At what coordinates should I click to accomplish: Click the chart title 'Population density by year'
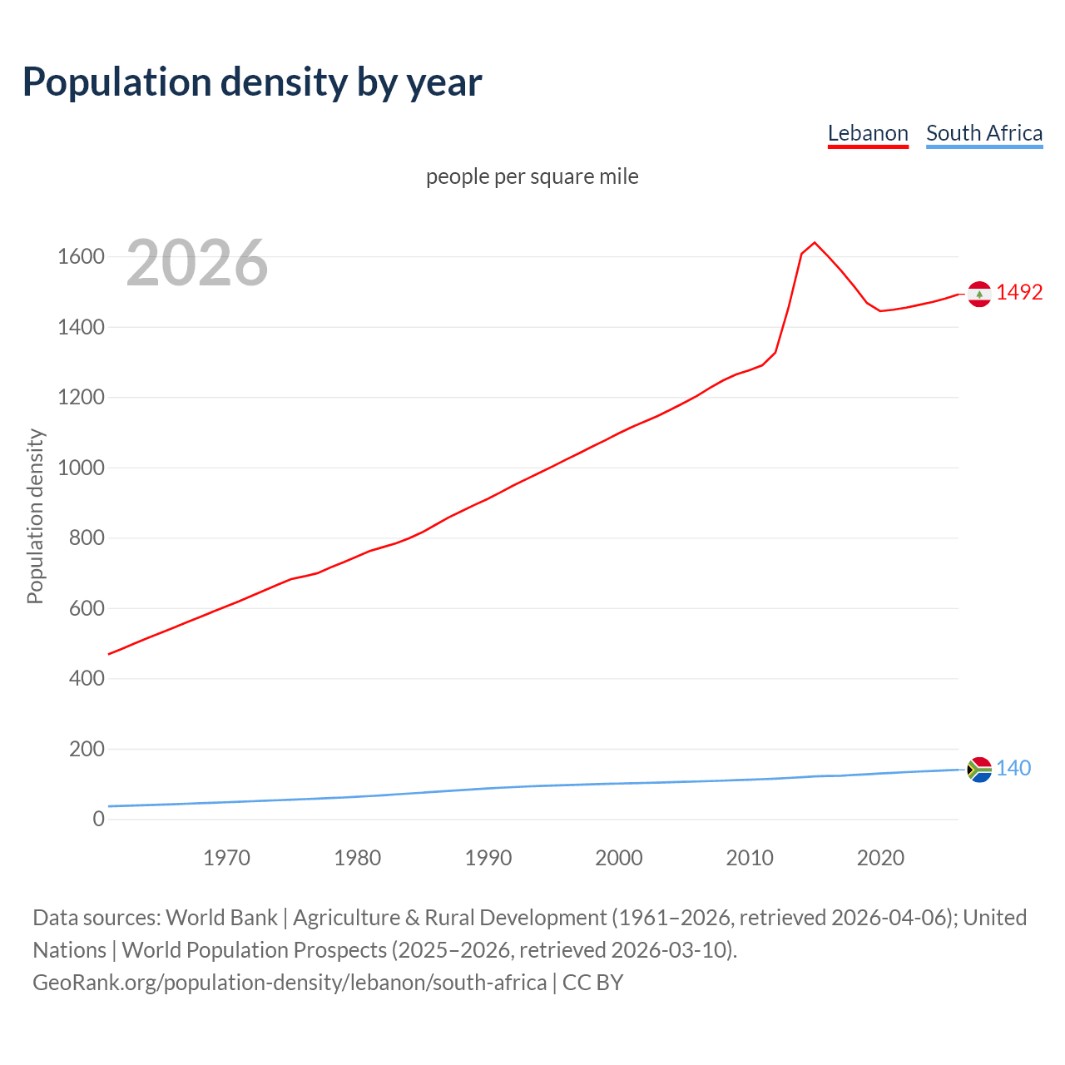tap(252, 82)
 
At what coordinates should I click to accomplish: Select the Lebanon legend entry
tap(868, 133)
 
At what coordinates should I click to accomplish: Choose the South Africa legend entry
tap(984, 133)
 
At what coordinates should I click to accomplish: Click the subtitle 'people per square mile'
tap(532, 176)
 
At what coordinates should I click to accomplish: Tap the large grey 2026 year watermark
tap(197, 263)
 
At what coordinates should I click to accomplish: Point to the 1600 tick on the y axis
tap(81, 256)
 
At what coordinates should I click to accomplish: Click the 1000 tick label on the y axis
tap(81, 468)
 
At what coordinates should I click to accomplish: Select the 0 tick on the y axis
tap(99, 819)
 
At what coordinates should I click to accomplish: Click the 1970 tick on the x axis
tap(226, 858)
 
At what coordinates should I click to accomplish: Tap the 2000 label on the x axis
tap(619, 858)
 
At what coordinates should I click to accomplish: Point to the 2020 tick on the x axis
tap(880, 858)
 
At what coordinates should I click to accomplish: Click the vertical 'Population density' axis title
tap(35, 516)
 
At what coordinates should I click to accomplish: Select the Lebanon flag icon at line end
tap(979, 294)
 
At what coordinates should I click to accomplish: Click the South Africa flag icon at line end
tap(979, 770)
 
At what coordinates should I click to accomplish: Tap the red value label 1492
tap(1019, 292)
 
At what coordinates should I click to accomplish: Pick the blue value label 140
tap(1013, 768)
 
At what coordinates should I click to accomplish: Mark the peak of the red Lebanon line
tap(815, 242)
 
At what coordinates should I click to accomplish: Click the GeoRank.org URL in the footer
tap(290, 982)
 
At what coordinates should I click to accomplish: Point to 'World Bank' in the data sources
tap(221, 917)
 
